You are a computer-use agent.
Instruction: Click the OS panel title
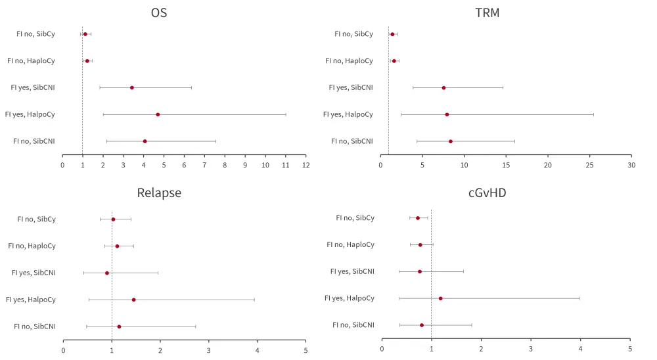[x=158, y=12]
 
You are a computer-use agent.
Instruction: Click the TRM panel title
[x=487, y=12]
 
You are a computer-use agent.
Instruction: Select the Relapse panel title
[x=159, y=192]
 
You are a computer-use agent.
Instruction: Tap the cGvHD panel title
[x=487, y=192]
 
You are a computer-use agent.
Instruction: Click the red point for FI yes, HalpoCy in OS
[x=158, y=114]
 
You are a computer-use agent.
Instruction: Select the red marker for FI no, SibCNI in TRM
[x=451, y=141]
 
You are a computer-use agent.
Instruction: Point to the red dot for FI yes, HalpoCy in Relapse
[x=133, y=300]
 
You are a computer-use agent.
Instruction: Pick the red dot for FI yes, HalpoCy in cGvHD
[x=440, y=298]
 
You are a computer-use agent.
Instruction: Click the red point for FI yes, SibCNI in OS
[x=132, y=87]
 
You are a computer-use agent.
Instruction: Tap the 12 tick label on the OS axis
[x=306, y=165]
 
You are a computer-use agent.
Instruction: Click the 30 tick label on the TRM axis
[x=631, y=165]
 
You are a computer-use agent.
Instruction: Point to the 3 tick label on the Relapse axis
[x=209, y=350]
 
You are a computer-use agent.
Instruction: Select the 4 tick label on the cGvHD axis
[x=580, y=349]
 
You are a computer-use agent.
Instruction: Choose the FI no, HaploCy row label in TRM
[x=349, y=60]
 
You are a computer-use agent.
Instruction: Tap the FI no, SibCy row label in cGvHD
[x=355, y=217]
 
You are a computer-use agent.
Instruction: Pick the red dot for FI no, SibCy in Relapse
[x=113, y=219]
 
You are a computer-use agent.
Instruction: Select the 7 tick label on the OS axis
[x=204, y=165]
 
